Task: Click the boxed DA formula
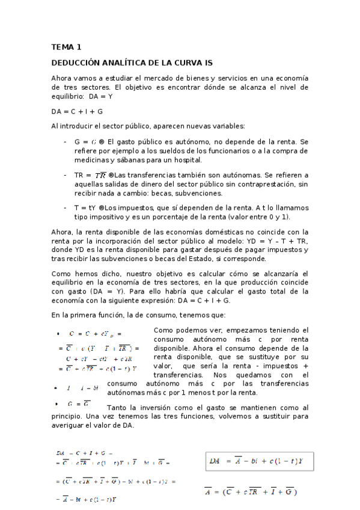[260, 462]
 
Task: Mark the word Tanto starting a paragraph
[117, 408]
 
